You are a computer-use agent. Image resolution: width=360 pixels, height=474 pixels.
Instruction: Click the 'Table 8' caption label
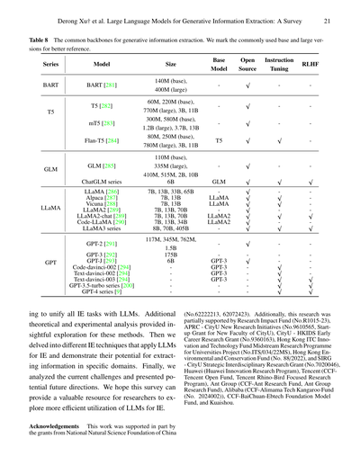pyautogui.click(x=31, y=40)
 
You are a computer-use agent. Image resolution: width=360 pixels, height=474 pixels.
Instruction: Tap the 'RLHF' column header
pyautogui.click(x=310, y=66)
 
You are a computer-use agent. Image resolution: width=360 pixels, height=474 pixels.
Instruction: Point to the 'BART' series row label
pyautogui.click(x=50, y=86)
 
